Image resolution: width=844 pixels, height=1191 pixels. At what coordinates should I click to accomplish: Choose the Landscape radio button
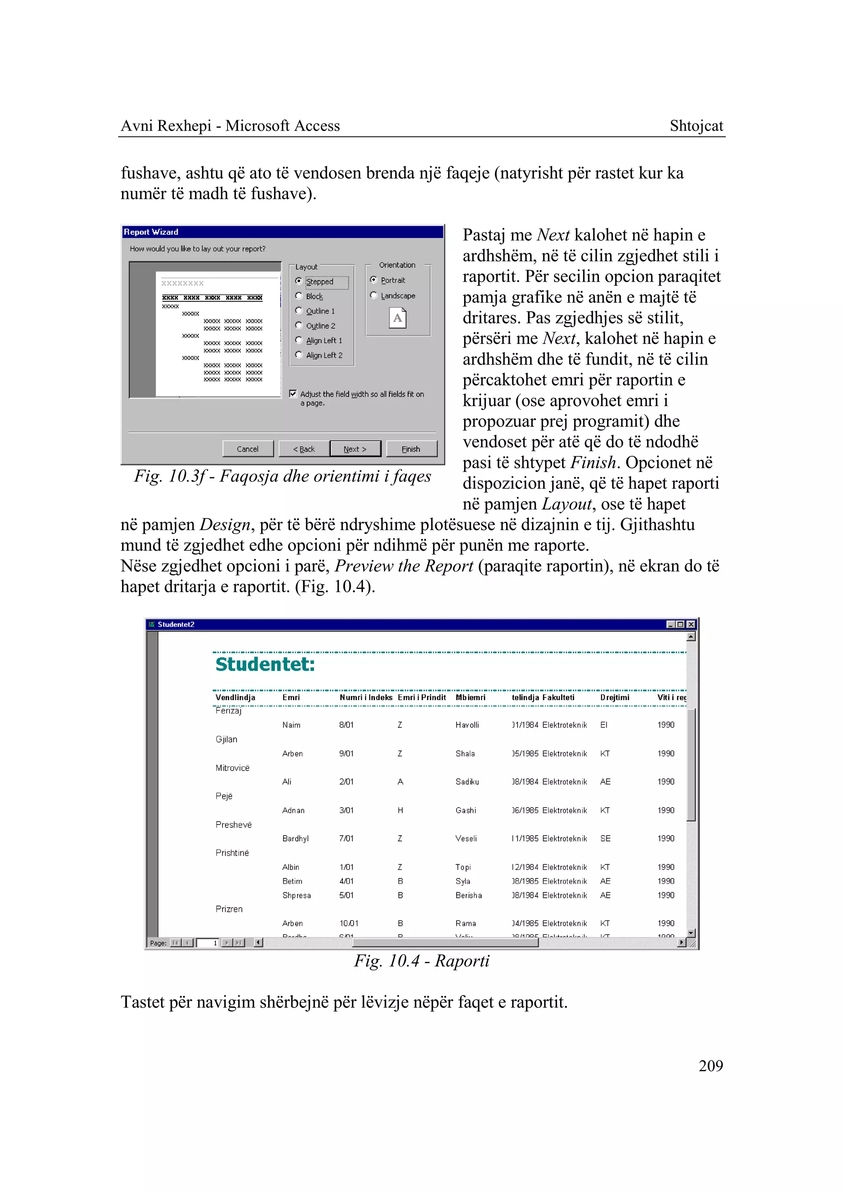pyautogui.click(x=374, y=296)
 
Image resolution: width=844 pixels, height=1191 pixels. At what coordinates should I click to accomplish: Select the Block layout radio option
pyautogui.click(x=299, y=296)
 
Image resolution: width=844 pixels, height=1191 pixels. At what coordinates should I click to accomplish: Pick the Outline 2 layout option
pyautogui.click(x=299, y=326)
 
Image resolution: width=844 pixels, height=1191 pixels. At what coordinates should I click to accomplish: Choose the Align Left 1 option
pyautogui.click(x=299, y=340)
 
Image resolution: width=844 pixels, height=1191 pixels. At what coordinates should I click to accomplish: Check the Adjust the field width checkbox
pyautogui.click(x=293, y=394)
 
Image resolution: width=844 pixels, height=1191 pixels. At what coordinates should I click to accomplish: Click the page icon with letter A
pyautogui.click(x=398, y=318)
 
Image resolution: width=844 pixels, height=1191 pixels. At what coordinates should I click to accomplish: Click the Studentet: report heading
pyautogui.click(x=265, y=664)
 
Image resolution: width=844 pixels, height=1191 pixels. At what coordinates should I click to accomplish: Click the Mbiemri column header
pyautogui.click(x=470, y=698)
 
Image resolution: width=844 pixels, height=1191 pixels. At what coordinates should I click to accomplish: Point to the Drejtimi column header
pyautogui.click(x=614, y=698)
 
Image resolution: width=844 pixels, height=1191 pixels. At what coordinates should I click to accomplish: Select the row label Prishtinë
pyautogui.click(x=232, y=853)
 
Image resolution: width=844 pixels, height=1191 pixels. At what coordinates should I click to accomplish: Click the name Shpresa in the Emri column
pyautogui.click(x=296, y=895)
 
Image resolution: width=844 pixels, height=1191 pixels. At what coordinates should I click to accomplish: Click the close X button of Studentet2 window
pyautogui.click(x=691, y=624)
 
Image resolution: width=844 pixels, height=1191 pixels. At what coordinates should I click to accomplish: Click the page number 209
pyautogui.click(x=710, y=1066)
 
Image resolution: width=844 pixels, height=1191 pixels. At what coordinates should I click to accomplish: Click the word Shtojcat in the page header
pyautogui.click(x=696, y=126)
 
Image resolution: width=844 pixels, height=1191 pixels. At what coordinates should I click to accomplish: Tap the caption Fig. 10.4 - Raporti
pyautogui.click(x=422, y=961)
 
